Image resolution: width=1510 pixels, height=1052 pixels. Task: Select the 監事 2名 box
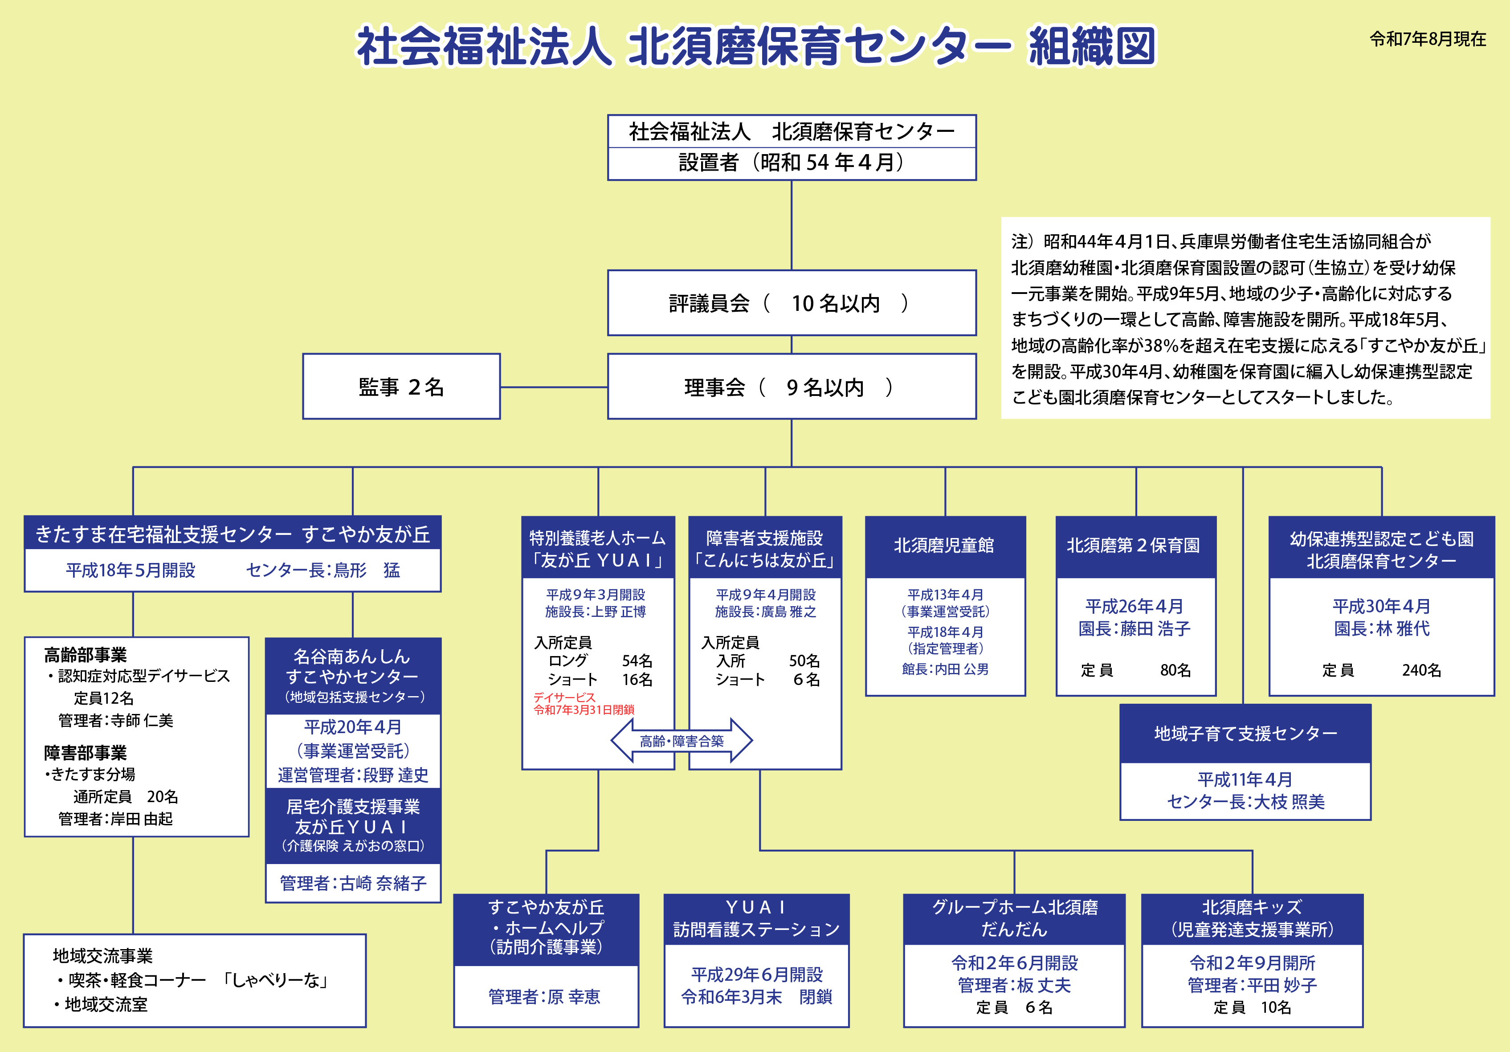(x=401, y=387)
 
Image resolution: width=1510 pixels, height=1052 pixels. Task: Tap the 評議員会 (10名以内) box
(x=791, y=303)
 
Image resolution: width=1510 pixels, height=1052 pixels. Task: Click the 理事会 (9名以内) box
(x=791, y=387)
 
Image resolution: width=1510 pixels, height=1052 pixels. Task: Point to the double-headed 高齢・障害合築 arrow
(x=682, y=741)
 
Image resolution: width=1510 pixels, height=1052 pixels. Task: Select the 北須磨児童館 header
(x=944, y=546)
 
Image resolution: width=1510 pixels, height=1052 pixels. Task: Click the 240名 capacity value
(x=1421, y=670)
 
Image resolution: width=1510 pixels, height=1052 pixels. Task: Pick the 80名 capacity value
(x=1175, y=670)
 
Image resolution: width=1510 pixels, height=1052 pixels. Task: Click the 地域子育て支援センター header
(x=1245, y=733)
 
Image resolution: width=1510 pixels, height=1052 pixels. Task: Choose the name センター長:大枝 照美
(x=1245, y=802)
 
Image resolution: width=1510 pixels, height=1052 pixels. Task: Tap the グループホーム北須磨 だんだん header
(x=1015, y=918)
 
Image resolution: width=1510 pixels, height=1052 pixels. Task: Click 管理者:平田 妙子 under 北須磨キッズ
(x=1252, y=985)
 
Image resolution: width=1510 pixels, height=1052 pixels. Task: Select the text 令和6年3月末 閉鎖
(x=756, y=997)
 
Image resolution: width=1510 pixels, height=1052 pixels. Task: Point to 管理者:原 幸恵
(x=545, y=997)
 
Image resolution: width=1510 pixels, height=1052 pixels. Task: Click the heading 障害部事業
(x=86, y=752)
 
